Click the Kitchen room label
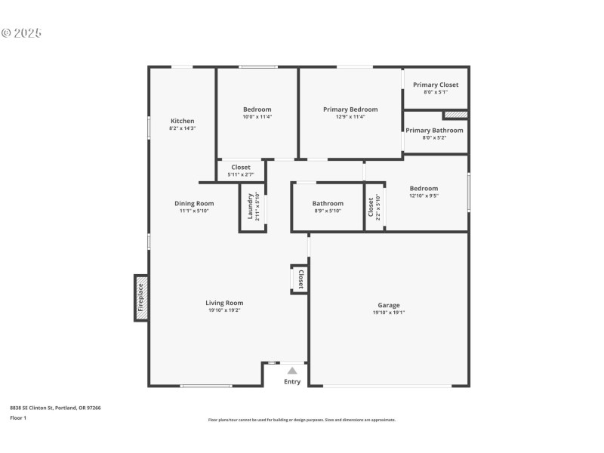pos(182,121)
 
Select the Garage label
pos(389,305)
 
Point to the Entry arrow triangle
pos(292,371)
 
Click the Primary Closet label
pos(436,85)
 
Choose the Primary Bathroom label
pos(434,130)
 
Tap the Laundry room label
pos(250,208)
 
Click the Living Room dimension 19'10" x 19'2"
pos(224,311)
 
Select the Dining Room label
pos(194,203)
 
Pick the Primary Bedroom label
pos(350,109)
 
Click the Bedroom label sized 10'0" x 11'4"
pos(257,109)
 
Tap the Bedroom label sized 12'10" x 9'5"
pos(424,188)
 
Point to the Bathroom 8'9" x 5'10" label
pos(328,203)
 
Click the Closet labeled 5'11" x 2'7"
pos(241,167)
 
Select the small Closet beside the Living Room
pos(300,279)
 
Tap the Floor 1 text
pos(18,418)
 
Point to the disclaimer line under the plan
pos(301,420)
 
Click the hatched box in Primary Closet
pos(455,115)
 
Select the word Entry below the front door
pos(292,382)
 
